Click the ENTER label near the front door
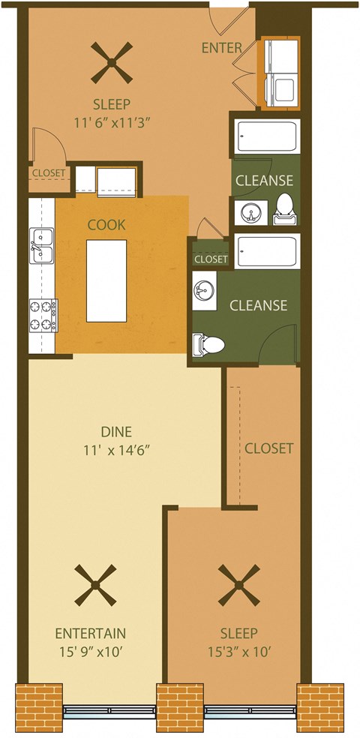point(221,48)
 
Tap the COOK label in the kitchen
point(106,224)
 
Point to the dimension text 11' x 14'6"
point(116,451)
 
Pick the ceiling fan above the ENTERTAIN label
point(97,585)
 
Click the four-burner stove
point(43,315)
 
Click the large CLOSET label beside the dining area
point(268,448)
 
